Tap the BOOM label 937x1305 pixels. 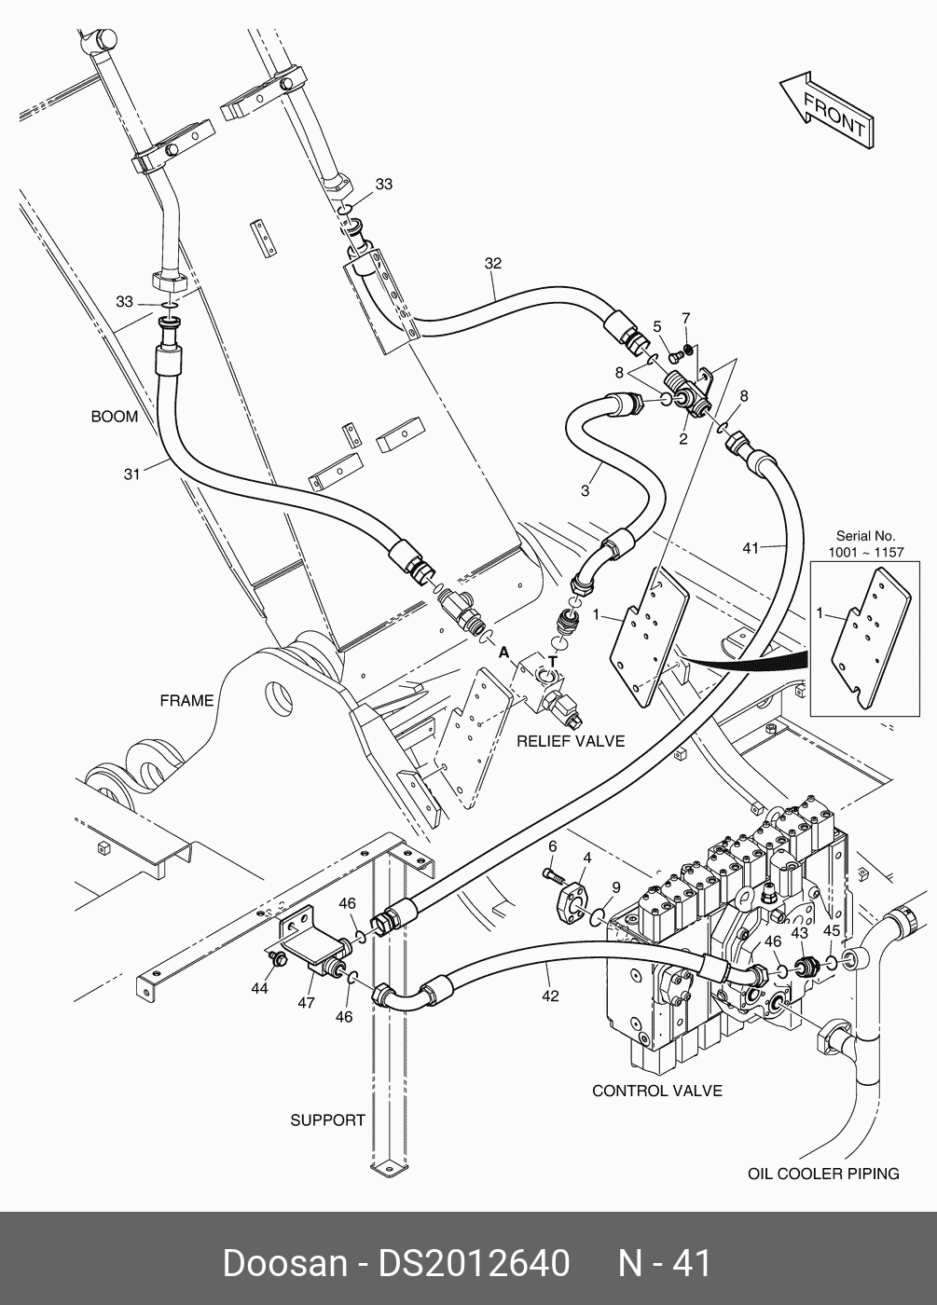(114, 417)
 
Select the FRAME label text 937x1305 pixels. (186, 700)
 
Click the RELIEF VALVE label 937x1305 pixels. (571, 741)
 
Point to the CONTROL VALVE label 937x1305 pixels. (656, 1091)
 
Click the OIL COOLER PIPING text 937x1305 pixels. (823, 1174)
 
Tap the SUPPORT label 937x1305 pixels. (327, 1120)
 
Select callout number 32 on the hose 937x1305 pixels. (492, 264)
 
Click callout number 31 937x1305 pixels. (131, 474)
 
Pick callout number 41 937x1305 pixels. (751, 548)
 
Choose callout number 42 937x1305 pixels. (550, 996)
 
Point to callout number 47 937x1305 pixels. (306, 1003)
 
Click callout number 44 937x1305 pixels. (259, 988)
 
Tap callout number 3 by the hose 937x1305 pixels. (585, 490)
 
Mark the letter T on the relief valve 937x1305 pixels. (553, 661)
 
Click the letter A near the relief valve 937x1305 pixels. (503, 652)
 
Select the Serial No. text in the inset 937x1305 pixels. (865, 536)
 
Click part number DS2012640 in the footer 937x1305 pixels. (473, 1263)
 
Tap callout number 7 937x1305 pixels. (685, 319)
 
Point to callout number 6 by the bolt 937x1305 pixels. (552, 845)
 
